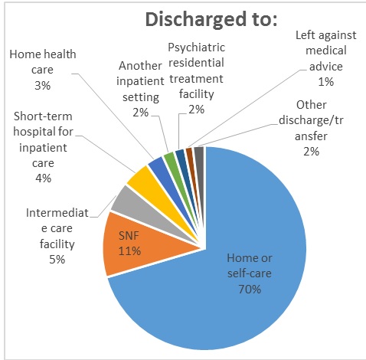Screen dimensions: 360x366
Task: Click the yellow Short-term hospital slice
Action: coord(142,178)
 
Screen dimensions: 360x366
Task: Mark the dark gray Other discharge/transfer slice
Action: coord(199,154)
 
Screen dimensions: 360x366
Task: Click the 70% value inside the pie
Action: coord(250,290)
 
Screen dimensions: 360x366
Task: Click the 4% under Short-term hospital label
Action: coord(43,178)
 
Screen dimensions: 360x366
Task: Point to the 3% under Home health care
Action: coord(43,85)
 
